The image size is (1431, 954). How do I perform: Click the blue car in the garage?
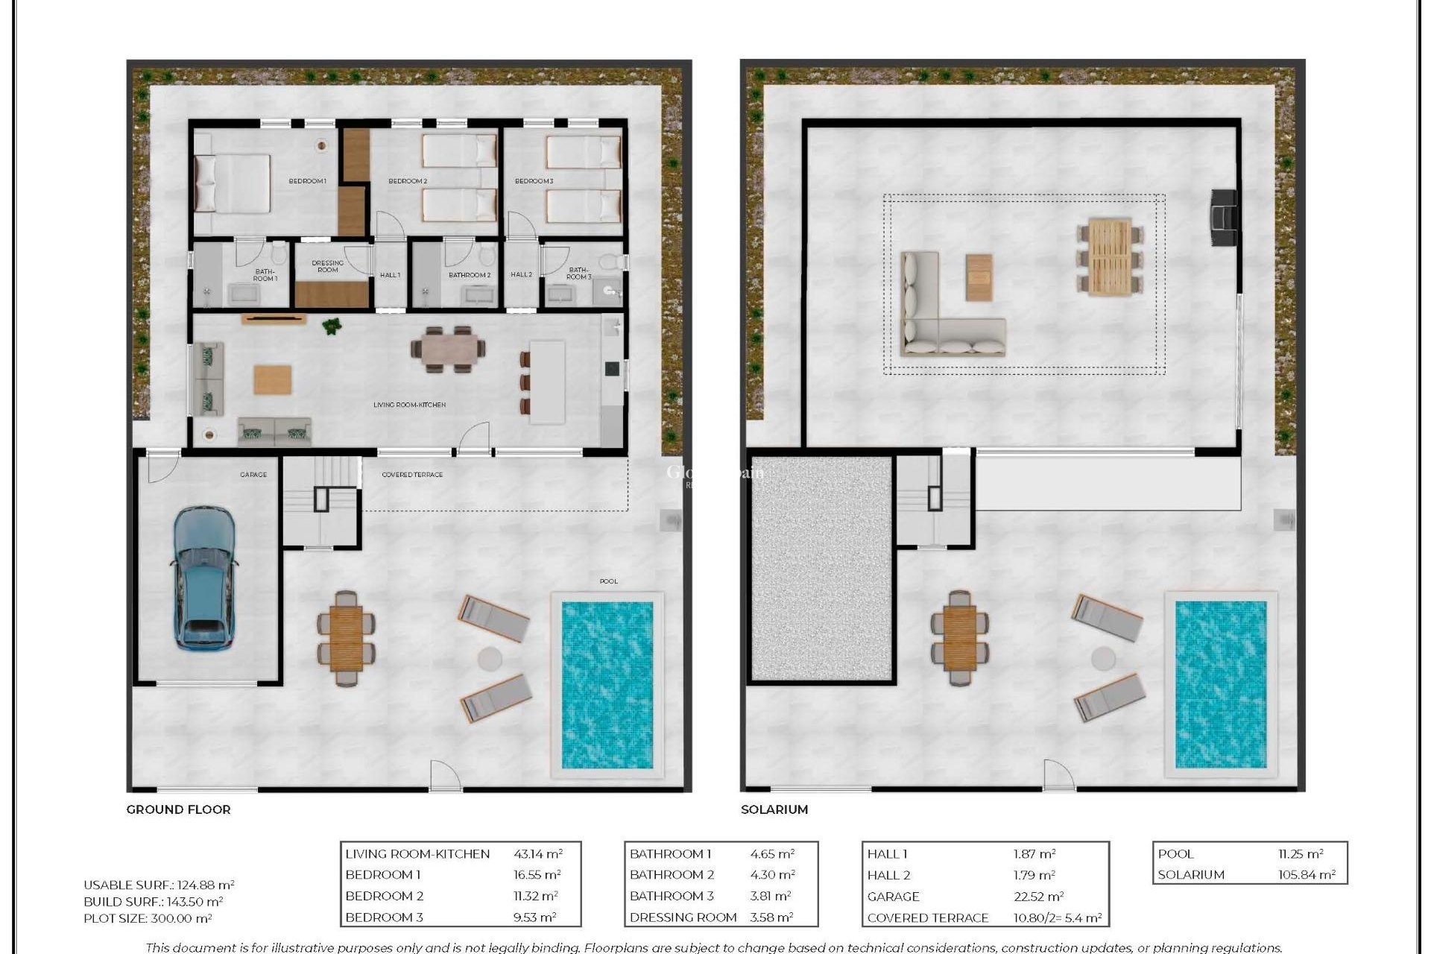pos(204,576)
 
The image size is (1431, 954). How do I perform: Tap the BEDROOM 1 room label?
pos(307,181)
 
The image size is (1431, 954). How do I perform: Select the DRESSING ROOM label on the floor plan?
pos(327,266)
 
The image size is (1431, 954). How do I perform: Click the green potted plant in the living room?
pos(331,326)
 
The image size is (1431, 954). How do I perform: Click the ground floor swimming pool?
pos(607,685)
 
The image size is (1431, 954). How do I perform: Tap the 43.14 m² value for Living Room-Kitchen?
pos(537,854)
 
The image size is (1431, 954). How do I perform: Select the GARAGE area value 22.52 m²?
pos(1038,897)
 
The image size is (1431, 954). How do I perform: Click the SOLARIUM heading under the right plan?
pos(774,809)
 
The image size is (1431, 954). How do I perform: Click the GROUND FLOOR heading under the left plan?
pos(178,809)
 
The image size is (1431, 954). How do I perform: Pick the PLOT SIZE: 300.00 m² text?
pos(148,919)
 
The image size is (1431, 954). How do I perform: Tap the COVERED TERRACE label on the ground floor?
pos(412,475)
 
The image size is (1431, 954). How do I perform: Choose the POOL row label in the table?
pos(1175,854)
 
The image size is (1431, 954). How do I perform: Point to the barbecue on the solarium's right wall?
pos(1223,217)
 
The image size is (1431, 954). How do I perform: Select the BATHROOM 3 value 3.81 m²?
pos(769,897)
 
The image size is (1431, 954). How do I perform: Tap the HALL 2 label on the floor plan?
pos(521,275)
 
